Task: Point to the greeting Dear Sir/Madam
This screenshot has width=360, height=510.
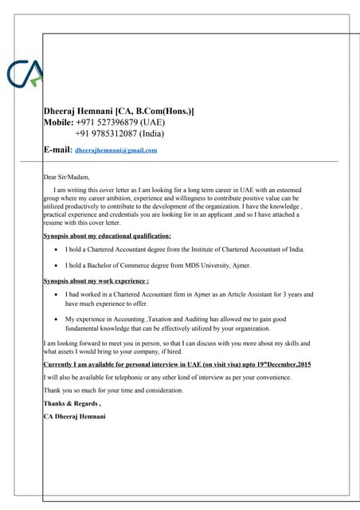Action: point(66,176)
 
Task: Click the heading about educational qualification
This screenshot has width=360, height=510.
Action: point(107,236)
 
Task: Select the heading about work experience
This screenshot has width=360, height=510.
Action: point(96,281)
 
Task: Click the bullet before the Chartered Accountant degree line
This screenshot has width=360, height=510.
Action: point(55,250)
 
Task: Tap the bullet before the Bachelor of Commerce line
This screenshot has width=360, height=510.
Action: point(55,265)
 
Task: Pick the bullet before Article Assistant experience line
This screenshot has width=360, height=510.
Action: point(55,295)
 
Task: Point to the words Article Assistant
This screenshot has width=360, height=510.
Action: point(246,295)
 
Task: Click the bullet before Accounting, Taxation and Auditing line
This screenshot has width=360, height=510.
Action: point(55,319)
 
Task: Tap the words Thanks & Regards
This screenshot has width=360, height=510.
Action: point(72,404)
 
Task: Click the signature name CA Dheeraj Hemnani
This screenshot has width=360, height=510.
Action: point(74,417)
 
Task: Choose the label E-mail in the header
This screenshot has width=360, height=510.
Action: point(57,149)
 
